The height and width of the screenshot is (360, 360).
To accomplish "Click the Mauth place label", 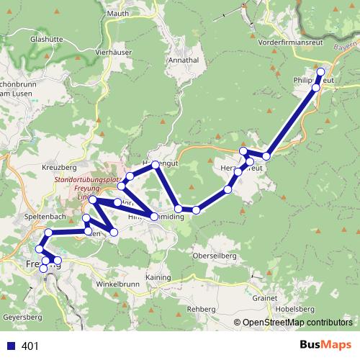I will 117,13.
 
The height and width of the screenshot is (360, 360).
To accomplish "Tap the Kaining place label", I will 158,277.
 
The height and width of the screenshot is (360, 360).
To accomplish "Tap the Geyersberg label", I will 23,317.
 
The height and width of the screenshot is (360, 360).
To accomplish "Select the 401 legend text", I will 30,346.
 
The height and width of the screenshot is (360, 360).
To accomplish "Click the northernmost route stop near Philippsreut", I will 320,72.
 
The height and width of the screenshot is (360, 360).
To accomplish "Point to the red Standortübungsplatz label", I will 84,183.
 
